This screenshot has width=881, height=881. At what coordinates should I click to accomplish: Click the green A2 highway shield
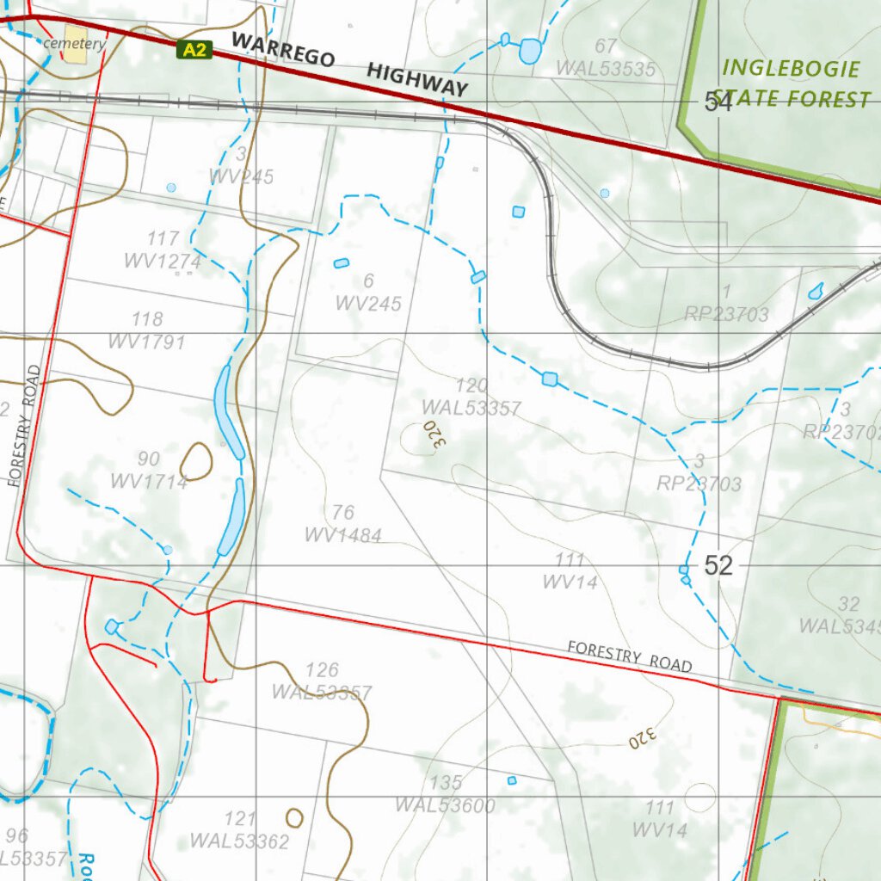[x=194, y=50]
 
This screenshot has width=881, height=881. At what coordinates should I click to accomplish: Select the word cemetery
[x=75, y=43]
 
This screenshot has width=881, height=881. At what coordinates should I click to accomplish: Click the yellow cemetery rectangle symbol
[x=75, y=49]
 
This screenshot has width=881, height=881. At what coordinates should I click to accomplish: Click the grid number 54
[x=718, y=102]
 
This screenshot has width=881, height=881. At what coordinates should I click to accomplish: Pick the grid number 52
[x=718, y=565]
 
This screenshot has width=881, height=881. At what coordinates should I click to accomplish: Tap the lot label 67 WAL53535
[x=606, y=58]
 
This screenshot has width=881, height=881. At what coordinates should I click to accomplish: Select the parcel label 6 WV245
[x=368, y=292]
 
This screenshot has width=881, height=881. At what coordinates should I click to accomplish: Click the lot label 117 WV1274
[x=163, y=250]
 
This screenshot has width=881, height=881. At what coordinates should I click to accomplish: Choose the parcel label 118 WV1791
[x=146, y=331]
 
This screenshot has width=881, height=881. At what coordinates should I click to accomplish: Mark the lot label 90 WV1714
[x=148, y=471]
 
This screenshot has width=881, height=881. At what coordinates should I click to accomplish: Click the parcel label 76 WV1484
[x=342, y=524]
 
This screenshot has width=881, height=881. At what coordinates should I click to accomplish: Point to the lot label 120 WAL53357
[x=471, y=397]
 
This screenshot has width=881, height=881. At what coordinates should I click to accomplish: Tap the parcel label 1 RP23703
[x=726, y=303]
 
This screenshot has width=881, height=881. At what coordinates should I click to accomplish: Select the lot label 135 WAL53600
[x=445, y=794]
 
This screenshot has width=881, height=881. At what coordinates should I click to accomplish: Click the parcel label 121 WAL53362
[x=239, y=829]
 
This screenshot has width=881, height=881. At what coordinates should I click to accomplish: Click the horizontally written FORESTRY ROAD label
[x=629, y=656]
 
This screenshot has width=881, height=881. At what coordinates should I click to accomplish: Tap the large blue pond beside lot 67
[x=529, y=52]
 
